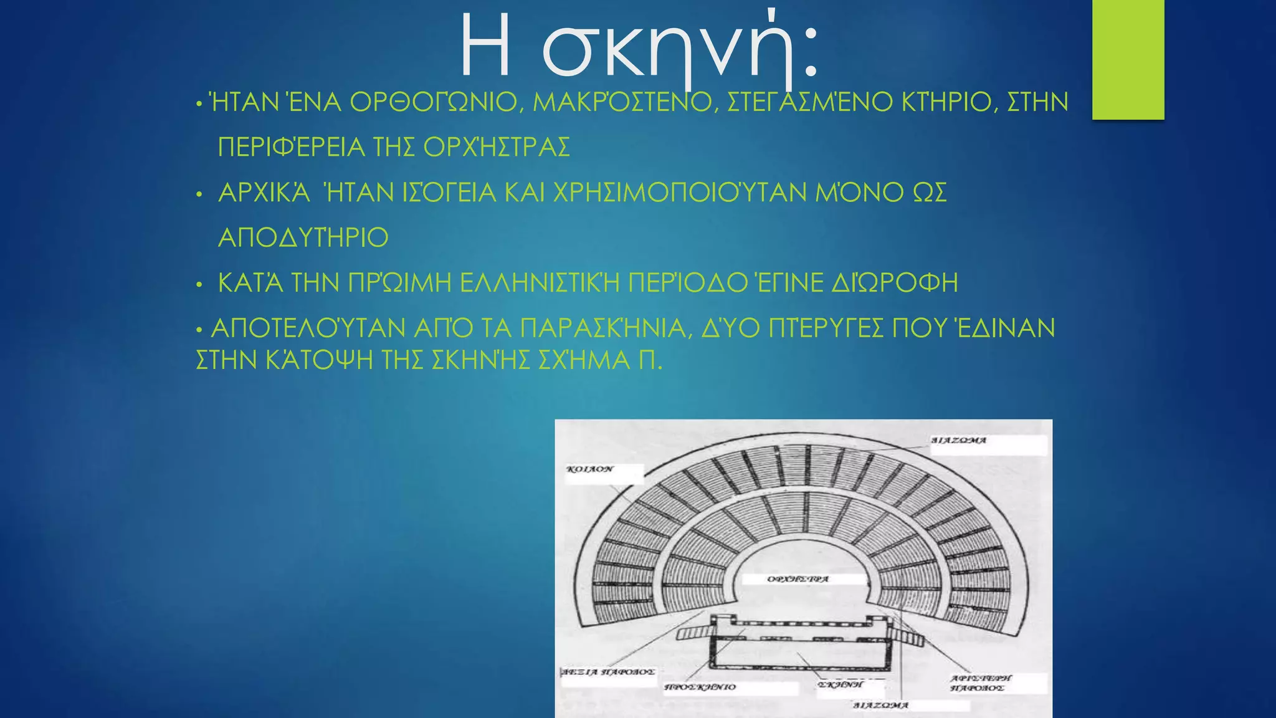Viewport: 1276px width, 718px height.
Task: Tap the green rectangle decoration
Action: coord(1128,59)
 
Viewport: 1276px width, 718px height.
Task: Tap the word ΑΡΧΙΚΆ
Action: coord(264,193)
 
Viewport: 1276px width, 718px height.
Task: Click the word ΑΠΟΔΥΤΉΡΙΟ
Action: coord(303,237)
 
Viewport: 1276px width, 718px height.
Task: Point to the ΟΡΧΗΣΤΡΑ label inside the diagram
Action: coord(798,579)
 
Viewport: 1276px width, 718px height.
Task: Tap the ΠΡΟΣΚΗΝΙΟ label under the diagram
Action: coord(700,687)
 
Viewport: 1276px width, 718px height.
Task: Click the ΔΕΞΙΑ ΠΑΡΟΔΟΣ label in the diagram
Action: coord(608,672)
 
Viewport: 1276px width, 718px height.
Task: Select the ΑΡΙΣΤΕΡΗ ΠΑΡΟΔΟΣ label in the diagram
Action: coord(981,682)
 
